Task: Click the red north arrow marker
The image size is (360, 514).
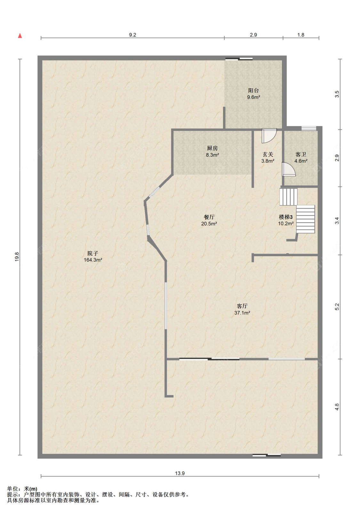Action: [20, 36]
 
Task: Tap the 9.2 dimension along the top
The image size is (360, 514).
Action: [132, 35]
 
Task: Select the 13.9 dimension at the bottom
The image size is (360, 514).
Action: [180, 473]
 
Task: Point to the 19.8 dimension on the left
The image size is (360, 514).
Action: [17, 257]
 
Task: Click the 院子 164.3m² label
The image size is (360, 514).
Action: [93, 257]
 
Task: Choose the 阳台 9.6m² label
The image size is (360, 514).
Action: [253, 94]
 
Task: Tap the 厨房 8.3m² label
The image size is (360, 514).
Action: [212, 151]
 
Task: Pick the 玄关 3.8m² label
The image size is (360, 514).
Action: [268, 158]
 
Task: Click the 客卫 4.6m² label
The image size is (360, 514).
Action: [301, 158]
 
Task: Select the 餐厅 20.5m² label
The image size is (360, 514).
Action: [209, 220]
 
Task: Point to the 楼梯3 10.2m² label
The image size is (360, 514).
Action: [286, 220]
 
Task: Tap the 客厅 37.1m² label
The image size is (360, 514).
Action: [242, 309]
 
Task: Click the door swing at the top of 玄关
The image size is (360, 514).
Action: [269, 135]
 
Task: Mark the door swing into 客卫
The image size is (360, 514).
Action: [288, 169]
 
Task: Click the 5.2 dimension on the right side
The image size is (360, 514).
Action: [337, 306]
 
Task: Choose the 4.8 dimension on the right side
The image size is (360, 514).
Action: [337, 407]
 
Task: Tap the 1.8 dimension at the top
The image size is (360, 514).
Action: [301, 35]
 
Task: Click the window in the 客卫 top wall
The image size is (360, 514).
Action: [308, 128]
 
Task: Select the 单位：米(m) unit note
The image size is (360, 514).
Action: [22, 489]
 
